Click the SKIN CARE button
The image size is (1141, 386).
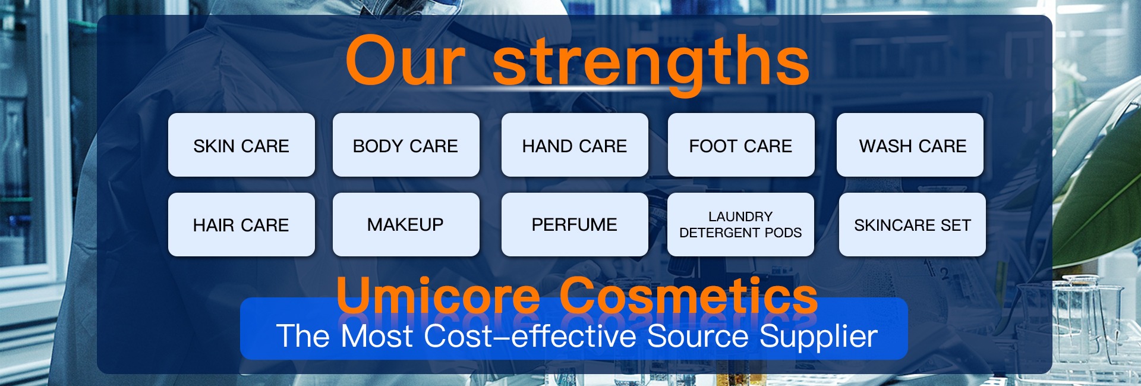(241, 145)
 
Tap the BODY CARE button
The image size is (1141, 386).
(406, 145)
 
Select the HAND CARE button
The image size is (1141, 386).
(575, 145)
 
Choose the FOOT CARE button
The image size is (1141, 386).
(741, 145)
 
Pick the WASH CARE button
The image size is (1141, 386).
(910, 145)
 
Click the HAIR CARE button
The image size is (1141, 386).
(241, 225)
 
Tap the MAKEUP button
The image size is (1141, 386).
(406, 225)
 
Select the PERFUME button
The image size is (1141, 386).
(575, 225)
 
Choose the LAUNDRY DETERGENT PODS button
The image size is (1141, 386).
(740, 225)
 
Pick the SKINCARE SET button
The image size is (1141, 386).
(912, 225)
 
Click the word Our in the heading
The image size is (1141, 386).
(405, 61)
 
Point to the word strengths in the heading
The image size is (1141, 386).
(651, 63)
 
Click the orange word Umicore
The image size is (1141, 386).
(439, 295)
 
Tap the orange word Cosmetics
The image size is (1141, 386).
(689, 295)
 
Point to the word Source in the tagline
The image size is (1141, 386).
(698, 337)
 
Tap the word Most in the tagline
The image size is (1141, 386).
(377, 337)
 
